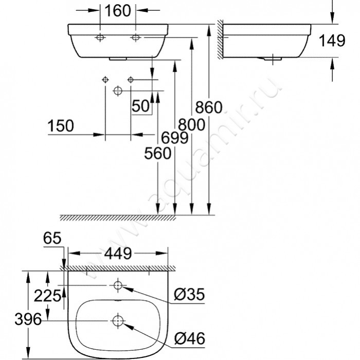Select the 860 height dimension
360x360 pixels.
pyautogui.click(x=208, y=107)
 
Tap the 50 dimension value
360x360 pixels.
pyautogui.click(x=140, y=106)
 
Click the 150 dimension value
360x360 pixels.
pyautogui.click(x=61, y=125)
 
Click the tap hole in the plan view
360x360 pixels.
pyautogui.click(x=118, y=285)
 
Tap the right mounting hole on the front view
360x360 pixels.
pyautogui.click(x=136, y=38)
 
